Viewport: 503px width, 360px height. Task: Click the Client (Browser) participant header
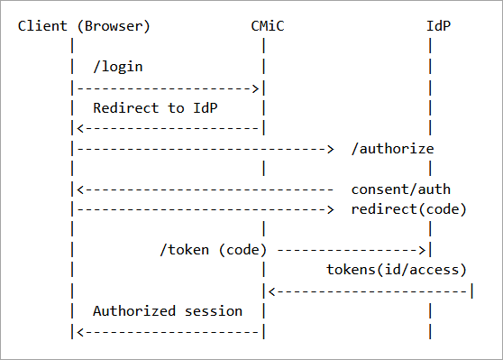pyautogui.click(x=84, y=25)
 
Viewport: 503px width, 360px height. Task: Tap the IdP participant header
pyautogui.click(x=438, y=25)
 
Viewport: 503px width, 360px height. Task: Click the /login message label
pyautogui.click(x=118, y=67)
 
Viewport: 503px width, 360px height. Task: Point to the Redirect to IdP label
pyautogui.click(x=155, y=107)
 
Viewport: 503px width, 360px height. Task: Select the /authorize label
pyautogui.click(x=392, y=148)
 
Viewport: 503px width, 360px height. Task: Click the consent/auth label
pyautogui.click(x=400, y=189)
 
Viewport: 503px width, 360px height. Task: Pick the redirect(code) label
pyautogui.click(x=408, y=209)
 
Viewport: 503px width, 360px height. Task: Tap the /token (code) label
pyautogui.click(x=216, y=250)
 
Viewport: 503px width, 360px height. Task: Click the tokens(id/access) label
pyautogui.click(x=396, y=270)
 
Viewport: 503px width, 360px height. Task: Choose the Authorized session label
pyautogui.click(x=168, y=310)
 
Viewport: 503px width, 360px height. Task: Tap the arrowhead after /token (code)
pyautogui.click(x=421, y=250)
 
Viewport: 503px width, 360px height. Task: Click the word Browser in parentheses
pyautogui.click(x=115, y=25)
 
